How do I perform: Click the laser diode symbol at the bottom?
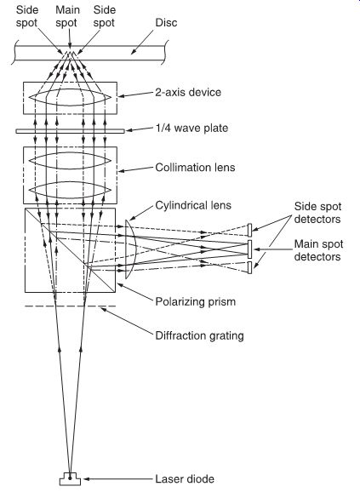pyautogui.click(x=70, y=479)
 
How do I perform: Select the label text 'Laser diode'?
pyautogui.click(x=185, y=479)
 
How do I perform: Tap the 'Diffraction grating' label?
pyautogui.click(x=199, y=335)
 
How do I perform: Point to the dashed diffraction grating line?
pyautogui.click(x=70, y=306)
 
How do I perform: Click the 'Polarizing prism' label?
pyautogui.click(x=196, y=302)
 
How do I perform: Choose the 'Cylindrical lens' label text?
pyautogui.click(x=193, y=205)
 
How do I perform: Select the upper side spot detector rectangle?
pyautogui.click(x=250, y=230)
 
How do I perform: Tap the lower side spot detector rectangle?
pyautogui.click(x=250, y=267)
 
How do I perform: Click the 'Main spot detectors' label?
pyautogui.click(x=318, y=250)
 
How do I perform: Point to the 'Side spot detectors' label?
pyautogui.click(x=317, y=213)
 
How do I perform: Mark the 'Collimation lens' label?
pyautogui.click(x=195, y=167)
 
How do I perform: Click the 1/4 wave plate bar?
pyautogui.click(x=71, y=131)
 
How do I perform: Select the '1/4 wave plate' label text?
pyautogui.click(x=191, y=128)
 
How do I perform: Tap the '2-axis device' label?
pyautogui.click(x=188, y=92)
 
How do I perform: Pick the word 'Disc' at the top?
pyautogui.click(x=166, y=23)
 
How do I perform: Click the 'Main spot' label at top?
pyautogui.click(x=67, y=16)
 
